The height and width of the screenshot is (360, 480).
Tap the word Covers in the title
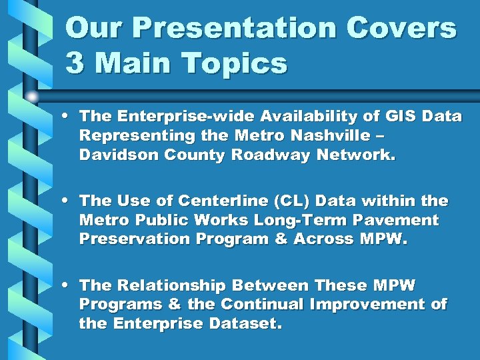(402, 29)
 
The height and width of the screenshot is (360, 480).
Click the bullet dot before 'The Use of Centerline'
(69, 201)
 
